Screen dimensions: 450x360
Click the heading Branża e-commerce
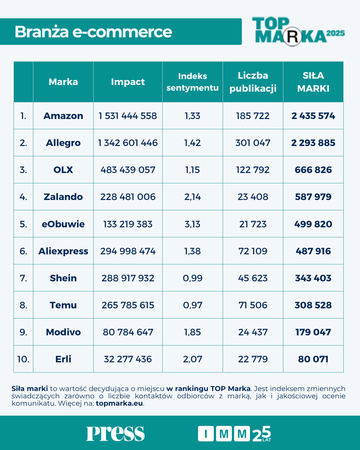pyautogui.click(x=93, y=32)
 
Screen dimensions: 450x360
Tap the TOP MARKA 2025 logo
pyautogui.click(x=298, y=31)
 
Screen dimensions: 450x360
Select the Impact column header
pyautogui.click(x=128, y=82)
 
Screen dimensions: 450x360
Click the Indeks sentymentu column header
pyautogui.click(x=192, y=82)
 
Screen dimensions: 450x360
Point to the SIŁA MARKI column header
pyautogui.click(x=313, y=82)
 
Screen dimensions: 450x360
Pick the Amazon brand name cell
pyautogui.click(x=63, y=116)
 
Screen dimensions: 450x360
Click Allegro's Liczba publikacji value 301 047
pyautogui.click(x=253, y=143)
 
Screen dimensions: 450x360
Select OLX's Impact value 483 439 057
pyautogui.click(x=128, y=170)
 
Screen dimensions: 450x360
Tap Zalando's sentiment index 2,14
pyautogui.click(x=192, y=197)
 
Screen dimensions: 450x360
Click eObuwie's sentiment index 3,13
pyautogui.click(x=192, y=224)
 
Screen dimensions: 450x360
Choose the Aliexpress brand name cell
pyautogui.click(x=63, y=251)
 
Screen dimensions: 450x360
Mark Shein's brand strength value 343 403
pyautogui.click(x=313, y=278)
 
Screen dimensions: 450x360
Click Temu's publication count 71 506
pyautogui.click(x=253, y=305)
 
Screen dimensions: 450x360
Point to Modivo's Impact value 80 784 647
pyautogui.click(x=128, y=332)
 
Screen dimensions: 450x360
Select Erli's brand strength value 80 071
pyautogui.click(x=313, y=359)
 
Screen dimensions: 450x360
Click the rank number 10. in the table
pyautogui.click(x=23, y=359)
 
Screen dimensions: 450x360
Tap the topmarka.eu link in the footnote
pyautogui.click(x=119, y=403)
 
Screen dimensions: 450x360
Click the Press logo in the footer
pyautogui.click(x=115, y=433)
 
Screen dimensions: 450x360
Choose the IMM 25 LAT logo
pyautogui.click(x=234, y=434)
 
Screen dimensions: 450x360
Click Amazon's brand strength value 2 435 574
pyautogui.click(x=313, y=116)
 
